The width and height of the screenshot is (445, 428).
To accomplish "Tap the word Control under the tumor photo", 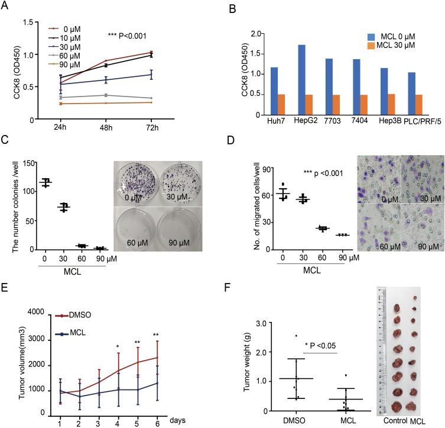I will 394,420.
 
